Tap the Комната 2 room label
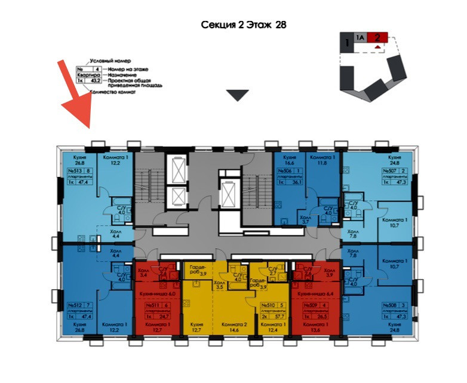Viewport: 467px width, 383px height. (x=230, y=324)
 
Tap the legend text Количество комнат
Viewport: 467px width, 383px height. (x=112, y=93)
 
